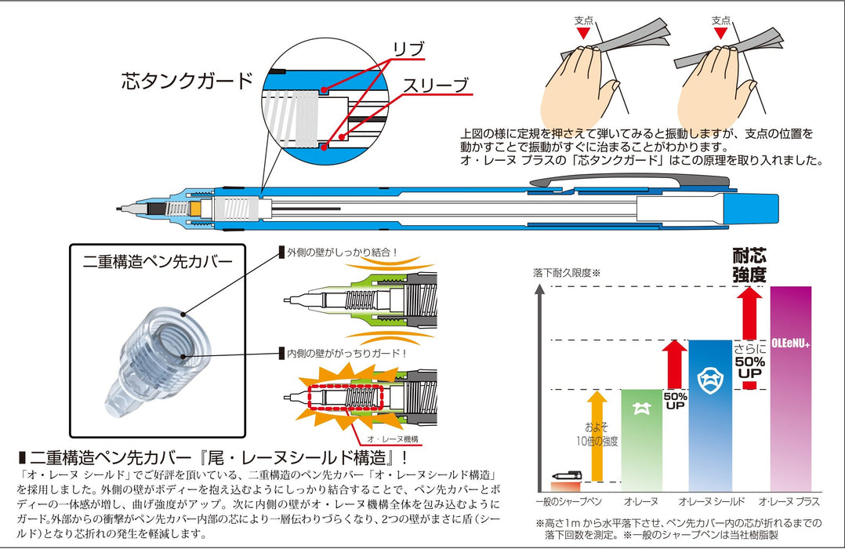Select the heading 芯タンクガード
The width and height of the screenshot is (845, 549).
click(187, 80)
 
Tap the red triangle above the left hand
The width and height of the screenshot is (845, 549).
click(582, 35)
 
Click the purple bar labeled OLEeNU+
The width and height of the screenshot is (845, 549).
click(790, 388)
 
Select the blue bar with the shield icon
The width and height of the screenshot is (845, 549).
click(709, 416)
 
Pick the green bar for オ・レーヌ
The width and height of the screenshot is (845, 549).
click(641, 439)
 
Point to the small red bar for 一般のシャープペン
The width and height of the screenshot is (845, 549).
click(565, 486)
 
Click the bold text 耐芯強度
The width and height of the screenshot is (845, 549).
click(749, 265)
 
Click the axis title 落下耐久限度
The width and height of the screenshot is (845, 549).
click(566, 273)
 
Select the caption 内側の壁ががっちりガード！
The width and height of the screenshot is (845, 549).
click(346, 354)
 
